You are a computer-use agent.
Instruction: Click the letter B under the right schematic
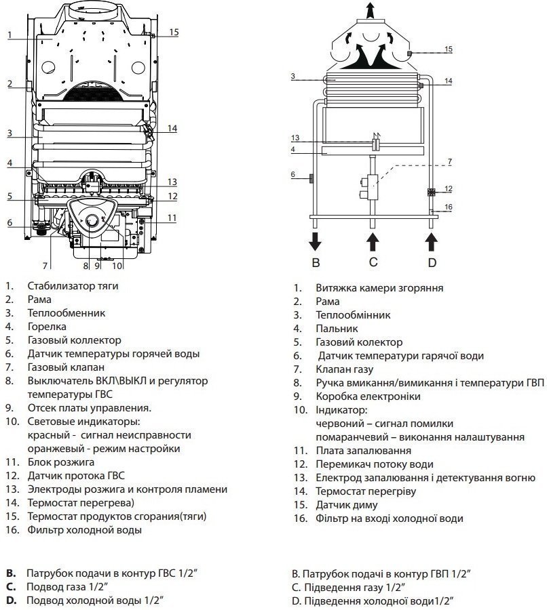tap(315, 262)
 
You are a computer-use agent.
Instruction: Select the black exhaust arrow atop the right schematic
tap(371, 12)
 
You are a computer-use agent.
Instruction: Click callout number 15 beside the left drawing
tap(174, 32)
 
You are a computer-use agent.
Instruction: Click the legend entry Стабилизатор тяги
tap(73, 286)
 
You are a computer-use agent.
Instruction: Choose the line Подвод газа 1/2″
tap(67, 587)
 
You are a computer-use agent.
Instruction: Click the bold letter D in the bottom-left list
tap(10, 601)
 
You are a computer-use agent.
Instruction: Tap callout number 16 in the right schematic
tap(448, 207)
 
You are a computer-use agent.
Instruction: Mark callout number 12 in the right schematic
tap(448, 188)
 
